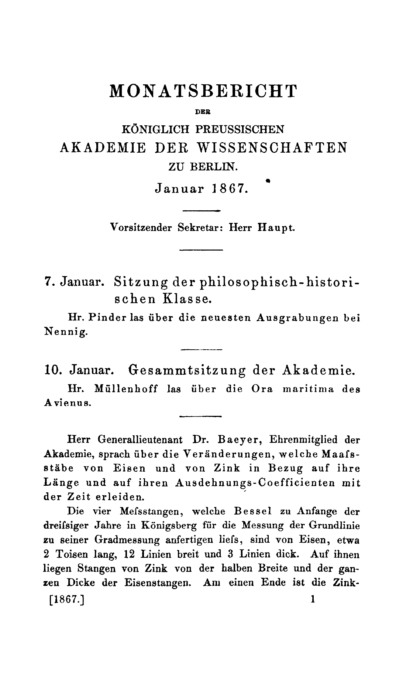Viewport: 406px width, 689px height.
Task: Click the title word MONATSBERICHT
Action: tap(203, 91)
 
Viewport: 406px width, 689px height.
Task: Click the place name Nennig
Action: tap(66, 332)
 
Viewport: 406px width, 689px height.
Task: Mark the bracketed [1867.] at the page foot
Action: tap(67, 600)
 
